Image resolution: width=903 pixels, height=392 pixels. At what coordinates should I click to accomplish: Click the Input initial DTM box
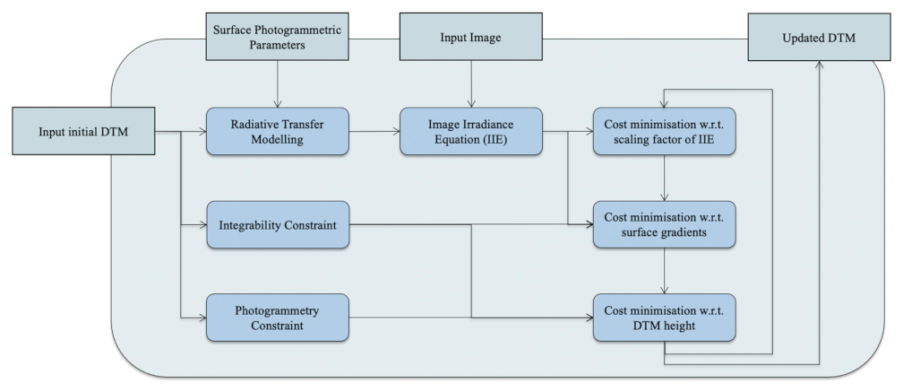[x=82, y=132]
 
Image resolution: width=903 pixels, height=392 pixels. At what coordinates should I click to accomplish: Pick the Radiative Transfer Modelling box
[x=277, y=131]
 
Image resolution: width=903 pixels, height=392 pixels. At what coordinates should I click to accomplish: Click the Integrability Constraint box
[x=277, y=224]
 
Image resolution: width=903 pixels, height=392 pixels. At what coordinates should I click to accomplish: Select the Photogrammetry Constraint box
[x=277, y=317]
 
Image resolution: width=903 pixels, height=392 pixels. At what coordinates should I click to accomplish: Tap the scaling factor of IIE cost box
[x=663, y=131]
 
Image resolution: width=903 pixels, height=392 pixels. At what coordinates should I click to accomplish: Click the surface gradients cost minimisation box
[x=663, y=224]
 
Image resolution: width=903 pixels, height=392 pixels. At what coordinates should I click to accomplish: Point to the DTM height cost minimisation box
[x=663, y=317]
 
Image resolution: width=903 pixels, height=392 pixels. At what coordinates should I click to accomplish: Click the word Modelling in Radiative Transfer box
[x=277, y=139]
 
